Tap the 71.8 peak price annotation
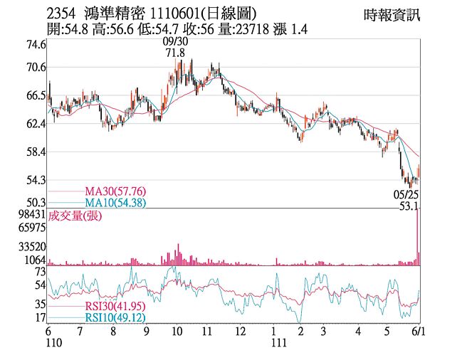(x=175, y=53)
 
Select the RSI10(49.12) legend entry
(x=107, y=317)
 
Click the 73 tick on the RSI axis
(x=40, y=272)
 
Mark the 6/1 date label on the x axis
(x=419, y=332)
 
